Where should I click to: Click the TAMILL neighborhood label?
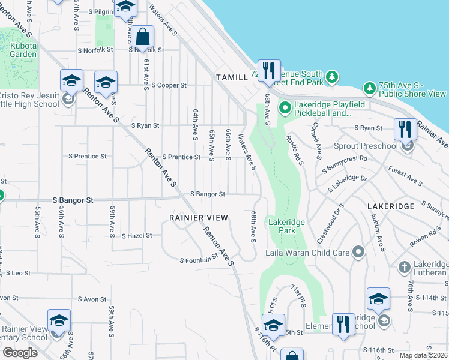point(232,77)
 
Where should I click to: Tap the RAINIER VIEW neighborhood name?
point(199,217)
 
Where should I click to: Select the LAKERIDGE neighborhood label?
point(391,206)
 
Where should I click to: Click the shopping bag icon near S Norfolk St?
point(143,37)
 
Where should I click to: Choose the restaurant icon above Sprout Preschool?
point(405,128)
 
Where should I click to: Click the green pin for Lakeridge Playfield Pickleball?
point(285,109)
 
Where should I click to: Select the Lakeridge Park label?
point(286,226)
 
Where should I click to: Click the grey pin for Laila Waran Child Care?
point(359,252)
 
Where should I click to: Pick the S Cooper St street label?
point(169,85)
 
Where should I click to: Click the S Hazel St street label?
point(137,236)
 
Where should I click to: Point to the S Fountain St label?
point(199,260)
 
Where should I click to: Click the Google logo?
point(20,352)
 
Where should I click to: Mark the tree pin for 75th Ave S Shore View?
point(370,89)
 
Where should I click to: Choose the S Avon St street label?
point(92,299)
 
